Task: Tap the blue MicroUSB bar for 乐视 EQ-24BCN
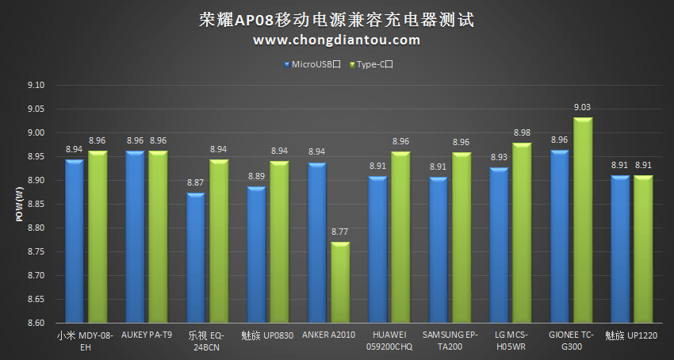[x=196, y=259]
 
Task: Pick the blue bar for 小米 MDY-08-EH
[x=75, y=241]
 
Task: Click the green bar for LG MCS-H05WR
[x=522, y=233]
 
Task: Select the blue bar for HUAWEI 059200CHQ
[x=377, y=250]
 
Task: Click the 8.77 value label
[x=340, y=232]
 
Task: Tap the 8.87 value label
[x=196, y=182]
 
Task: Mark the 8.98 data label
[x=522, y=132]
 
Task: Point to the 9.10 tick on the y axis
[x=36, y=86]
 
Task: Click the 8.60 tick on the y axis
[x=36, y=324]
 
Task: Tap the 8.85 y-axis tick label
[x=36, y=205]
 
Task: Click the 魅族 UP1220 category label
[x=631, y=335]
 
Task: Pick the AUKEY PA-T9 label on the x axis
[x=147, y=335]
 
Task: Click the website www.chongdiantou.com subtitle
[x=337, y=40]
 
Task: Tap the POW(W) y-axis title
[x=18, y=205]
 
